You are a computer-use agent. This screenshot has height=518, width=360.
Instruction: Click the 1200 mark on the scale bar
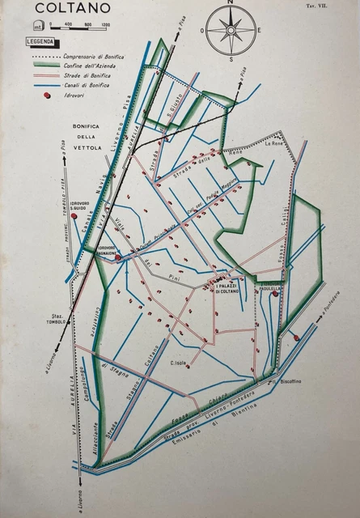coord(106,25)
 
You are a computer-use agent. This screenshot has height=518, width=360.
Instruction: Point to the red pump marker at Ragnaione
coord(118,257)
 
